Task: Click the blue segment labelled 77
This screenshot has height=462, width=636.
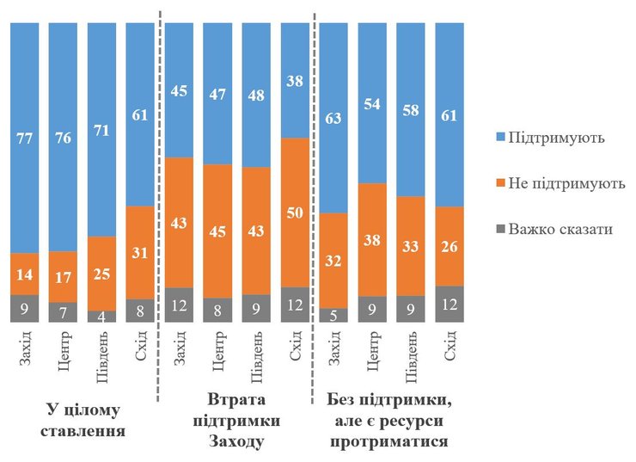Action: (x=24, y=138)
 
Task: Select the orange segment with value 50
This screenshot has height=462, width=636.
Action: (x=295, y=213)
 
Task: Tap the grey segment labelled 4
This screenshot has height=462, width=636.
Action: (x=101, y=316)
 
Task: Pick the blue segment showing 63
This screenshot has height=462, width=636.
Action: (x=333, y=118)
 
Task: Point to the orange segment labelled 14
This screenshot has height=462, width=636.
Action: (x=24, y=274)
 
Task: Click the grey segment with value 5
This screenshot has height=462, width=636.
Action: (x=333, y=315)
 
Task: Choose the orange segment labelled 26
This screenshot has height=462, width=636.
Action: (x=449, y=246)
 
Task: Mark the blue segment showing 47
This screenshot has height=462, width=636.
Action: (x=217, y=93)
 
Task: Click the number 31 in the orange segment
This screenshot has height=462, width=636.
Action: (x=140, y=252)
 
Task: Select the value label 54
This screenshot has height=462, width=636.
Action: (x=372, y=103)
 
